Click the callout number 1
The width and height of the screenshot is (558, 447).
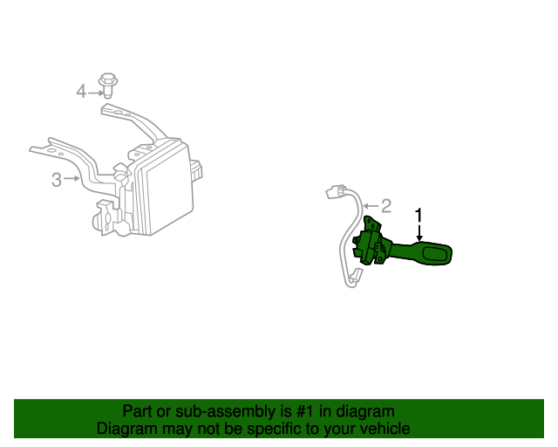point(418,214)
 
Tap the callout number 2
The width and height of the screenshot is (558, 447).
point(385,206)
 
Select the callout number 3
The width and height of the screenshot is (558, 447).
point(57,180)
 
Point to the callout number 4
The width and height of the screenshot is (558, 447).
point(81,91)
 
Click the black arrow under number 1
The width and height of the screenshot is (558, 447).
point(418,233)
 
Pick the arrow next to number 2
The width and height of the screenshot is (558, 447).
point(370,207)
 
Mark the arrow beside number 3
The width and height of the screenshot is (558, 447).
point(72,180)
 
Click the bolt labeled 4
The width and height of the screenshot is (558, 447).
point(110,84)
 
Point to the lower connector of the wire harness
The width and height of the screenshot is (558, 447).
point(355,279)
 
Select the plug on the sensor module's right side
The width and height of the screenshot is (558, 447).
point(197,168)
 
